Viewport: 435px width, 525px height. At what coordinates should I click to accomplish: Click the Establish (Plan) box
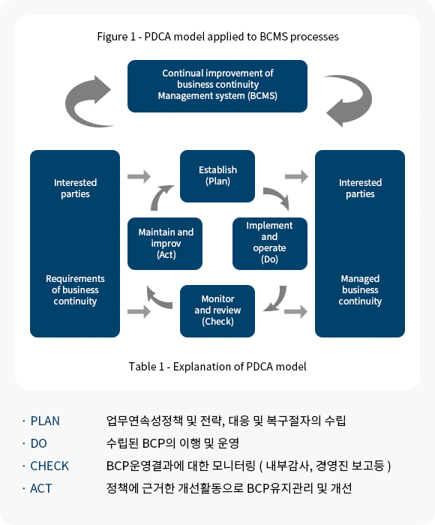217,176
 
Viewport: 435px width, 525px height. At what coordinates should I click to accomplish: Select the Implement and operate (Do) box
269,244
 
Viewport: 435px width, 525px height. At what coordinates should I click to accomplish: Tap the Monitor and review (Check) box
217,311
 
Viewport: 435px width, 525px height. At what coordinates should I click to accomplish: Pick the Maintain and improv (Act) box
165,244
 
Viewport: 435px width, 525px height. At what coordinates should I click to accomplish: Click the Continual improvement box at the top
217,86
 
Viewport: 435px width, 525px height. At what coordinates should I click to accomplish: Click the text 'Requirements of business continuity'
75,290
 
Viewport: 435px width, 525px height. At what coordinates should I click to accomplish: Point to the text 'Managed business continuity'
360,290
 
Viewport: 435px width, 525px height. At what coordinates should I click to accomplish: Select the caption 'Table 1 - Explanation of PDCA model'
217,367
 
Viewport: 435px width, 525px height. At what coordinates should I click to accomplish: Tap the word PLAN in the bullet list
45,421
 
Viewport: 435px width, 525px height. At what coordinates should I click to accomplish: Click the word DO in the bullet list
38,443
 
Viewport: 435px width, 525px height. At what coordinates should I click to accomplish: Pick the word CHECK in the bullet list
49,466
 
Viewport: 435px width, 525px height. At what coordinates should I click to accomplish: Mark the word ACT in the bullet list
40,488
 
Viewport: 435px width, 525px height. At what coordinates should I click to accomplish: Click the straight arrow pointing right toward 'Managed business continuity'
295,311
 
